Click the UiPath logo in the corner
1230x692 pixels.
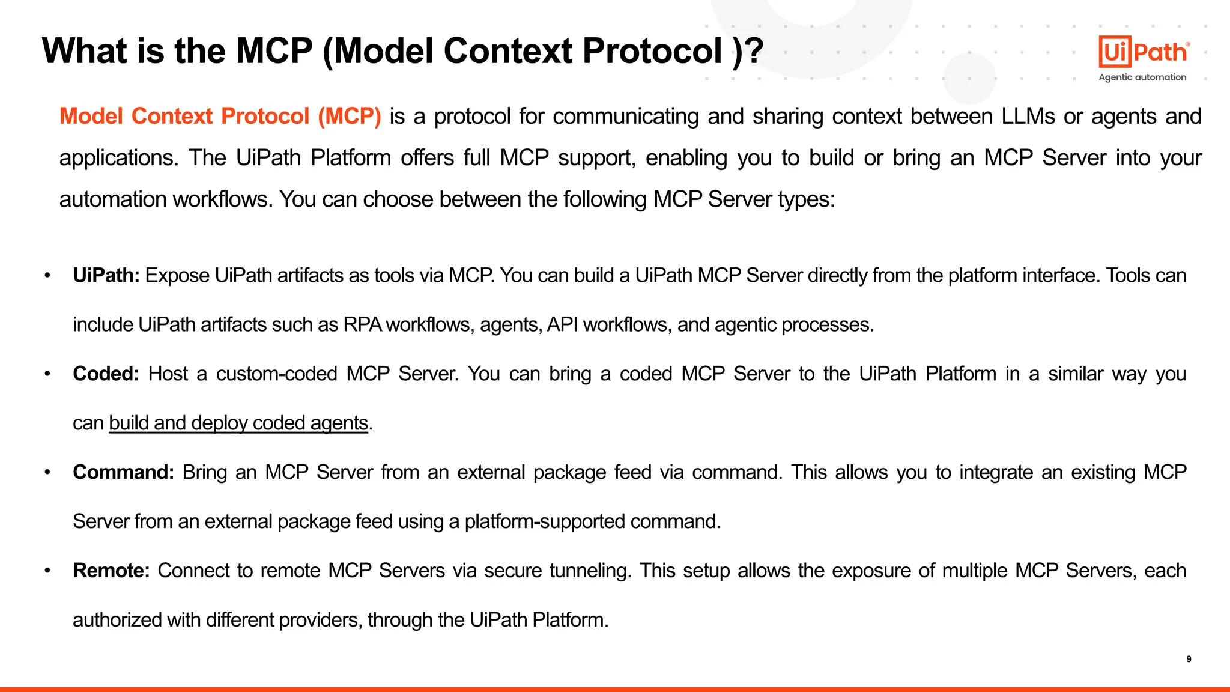click(x=1143, y=52)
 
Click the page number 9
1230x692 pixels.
click(x=1189, y=659)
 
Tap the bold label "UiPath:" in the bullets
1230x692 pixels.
click(x=106, y=275)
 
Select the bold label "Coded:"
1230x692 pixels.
click(x=106, y=374)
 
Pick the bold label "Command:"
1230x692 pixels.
click(x=123, y=472)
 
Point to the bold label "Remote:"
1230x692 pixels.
click(x=111, y=570)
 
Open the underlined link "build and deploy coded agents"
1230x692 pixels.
click(x=238, y=423)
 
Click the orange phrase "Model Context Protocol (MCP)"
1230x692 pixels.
click(x=220, y=116)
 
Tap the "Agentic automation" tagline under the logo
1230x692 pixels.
click(x=1142, y=77)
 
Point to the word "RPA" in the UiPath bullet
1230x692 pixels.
click(x=362, y=324)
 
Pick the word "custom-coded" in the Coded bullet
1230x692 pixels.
click(x=276, y=374)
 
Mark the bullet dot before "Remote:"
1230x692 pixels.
click(x=47, y=570)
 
